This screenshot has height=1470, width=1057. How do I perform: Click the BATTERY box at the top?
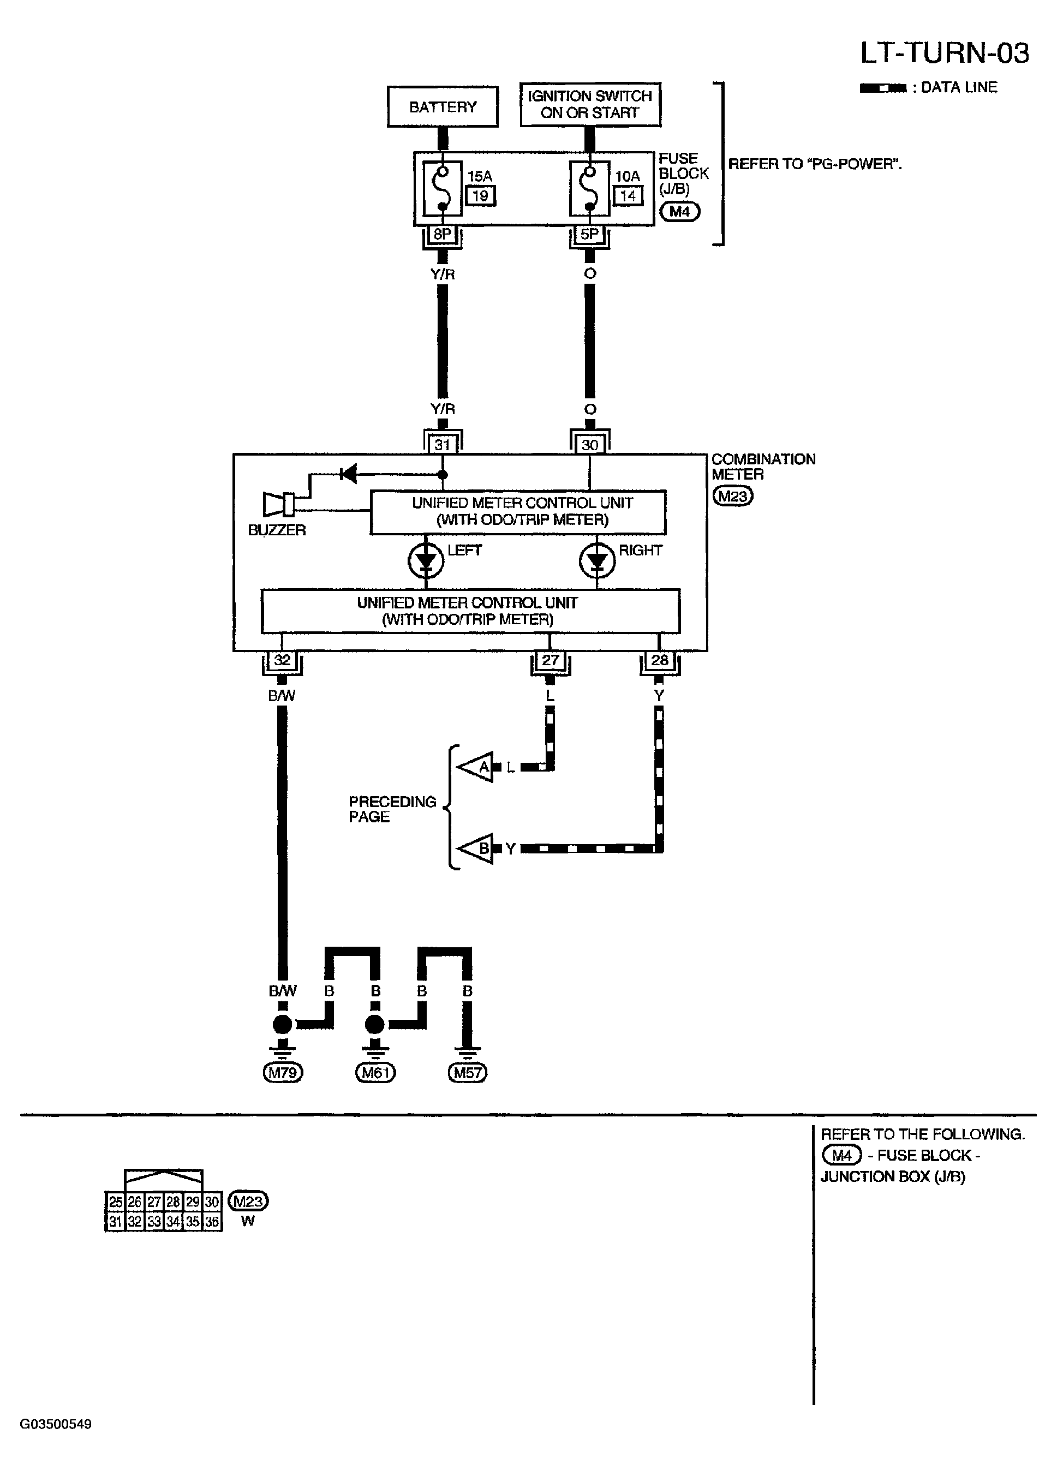pyautogui.click(x=443, y=106)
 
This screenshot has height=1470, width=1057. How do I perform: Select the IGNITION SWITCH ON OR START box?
pyautogui.click(x=590, y=104)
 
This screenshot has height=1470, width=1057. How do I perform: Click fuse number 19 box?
pyautogui.click(x=481, y=195)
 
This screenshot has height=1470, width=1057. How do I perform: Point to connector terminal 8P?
pyautogui.click(x=443, y=234)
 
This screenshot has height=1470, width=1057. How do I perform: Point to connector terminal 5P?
pyautogui.click(x=590, y=234)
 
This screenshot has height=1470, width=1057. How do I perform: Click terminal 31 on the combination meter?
pyautogui.click(x=443, y=444)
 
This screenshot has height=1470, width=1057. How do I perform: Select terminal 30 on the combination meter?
pyautogui.click(x=590, y=444)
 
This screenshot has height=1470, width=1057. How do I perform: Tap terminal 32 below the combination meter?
pyautogui.click(x=282, y=660)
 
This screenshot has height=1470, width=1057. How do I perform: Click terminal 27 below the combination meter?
pyautogui.click(x=550, y=660)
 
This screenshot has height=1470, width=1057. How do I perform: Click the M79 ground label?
pyautogui.click(x=283, y=1073)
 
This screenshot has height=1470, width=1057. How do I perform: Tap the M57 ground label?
pyautogui.click(x=468, y=1073)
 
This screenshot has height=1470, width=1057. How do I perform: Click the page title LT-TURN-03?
pyautogui.click(x=944, y=53)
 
